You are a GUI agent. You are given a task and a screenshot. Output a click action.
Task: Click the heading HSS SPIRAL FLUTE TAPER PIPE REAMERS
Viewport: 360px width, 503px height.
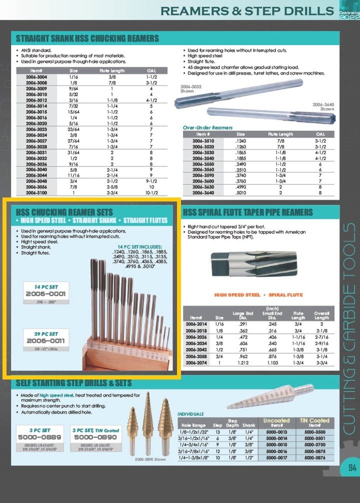coord(248,212)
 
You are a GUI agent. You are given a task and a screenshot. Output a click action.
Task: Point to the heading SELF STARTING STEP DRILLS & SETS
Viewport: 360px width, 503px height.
coord(74,383)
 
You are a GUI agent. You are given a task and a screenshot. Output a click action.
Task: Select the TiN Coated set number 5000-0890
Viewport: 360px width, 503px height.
coord(95,436)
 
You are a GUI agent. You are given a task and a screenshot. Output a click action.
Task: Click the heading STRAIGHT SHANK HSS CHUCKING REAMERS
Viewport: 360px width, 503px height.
coord(87,38)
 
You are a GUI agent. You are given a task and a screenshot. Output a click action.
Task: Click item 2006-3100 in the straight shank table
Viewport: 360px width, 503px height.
coord(39,192)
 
